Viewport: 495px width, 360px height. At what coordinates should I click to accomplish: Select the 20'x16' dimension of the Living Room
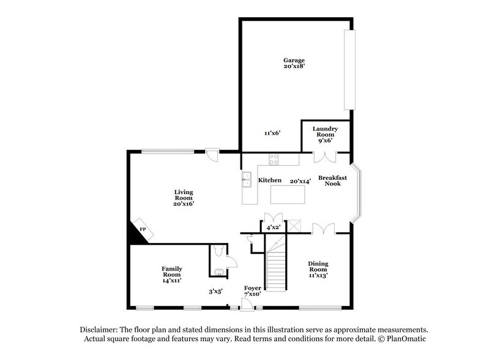[184, 204]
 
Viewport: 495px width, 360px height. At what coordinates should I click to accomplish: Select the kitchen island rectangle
[288, 195]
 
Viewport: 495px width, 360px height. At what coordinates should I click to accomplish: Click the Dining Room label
[318, 267]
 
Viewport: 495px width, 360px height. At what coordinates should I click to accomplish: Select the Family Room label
[172, 272]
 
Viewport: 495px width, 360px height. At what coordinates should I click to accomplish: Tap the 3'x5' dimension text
[215, 291]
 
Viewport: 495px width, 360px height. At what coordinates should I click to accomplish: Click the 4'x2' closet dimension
[273, 227]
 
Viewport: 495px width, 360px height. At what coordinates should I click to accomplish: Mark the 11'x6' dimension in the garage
[272, 133]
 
